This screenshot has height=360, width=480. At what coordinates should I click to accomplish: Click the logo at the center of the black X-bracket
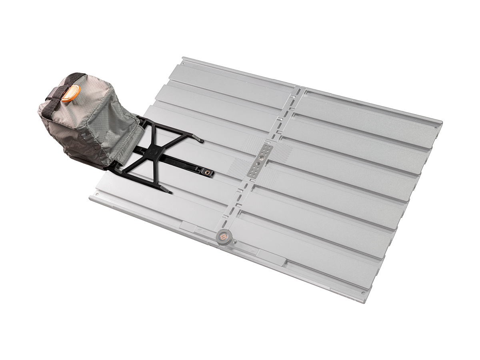(152, 152)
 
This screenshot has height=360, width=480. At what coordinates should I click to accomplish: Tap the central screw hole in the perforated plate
(261, 160)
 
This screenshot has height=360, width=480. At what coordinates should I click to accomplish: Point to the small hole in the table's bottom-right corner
(363, 293)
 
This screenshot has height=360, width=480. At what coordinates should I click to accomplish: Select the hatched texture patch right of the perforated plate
(282, 152)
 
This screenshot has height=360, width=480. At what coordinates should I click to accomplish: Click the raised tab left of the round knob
(188, 226)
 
